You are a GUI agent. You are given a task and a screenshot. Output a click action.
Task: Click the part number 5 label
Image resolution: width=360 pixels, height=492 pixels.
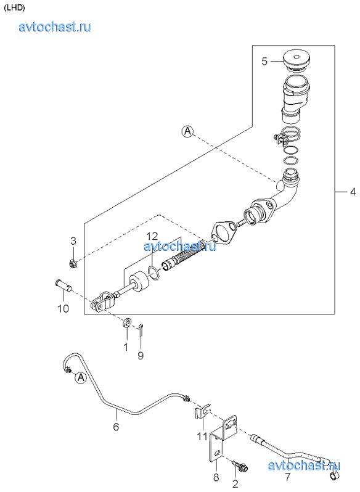tap(264, 61)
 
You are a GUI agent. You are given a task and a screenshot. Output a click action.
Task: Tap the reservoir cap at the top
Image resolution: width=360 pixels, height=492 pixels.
tap(296, 60)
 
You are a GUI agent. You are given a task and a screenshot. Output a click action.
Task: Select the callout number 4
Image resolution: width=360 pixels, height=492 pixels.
tap(353, 191)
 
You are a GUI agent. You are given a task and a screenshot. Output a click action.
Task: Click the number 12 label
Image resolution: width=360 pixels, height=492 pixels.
tap(152, 236)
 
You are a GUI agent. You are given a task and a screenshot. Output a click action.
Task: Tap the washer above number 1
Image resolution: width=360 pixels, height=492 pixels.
tap(127, 323)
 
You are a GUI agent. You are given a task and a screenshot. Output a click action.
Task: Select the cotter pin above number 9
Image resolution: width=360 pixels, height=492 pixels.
tap(141, 329)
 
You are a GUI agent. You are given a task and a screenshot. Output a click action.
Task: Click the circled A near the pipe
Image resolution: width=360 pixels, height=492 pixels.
tap(81, 377)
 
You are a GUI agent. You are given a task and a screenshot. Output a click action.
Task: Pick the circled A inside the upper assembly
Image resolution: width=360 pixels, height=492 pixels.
tap(187, 131)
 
